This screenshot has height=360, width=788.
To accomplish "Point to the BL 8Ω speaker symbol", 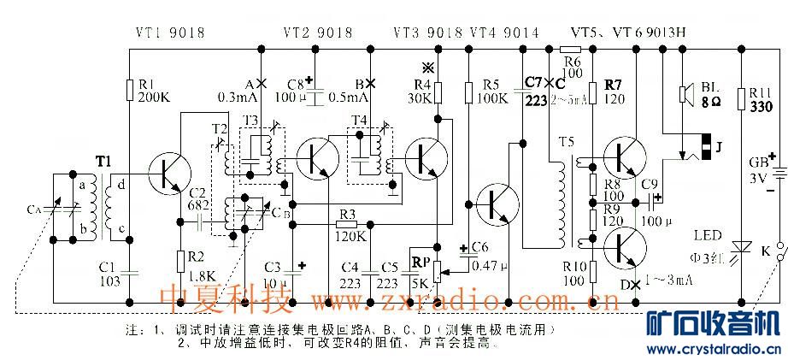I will (685, 94).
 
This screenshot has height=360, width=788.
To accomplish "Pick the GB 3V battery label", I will (758, 171).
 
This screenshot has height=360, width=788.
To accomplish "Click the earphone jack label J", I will (720, 146).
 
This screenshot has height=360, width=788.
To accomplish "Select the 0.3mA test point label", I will (233, 96).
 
